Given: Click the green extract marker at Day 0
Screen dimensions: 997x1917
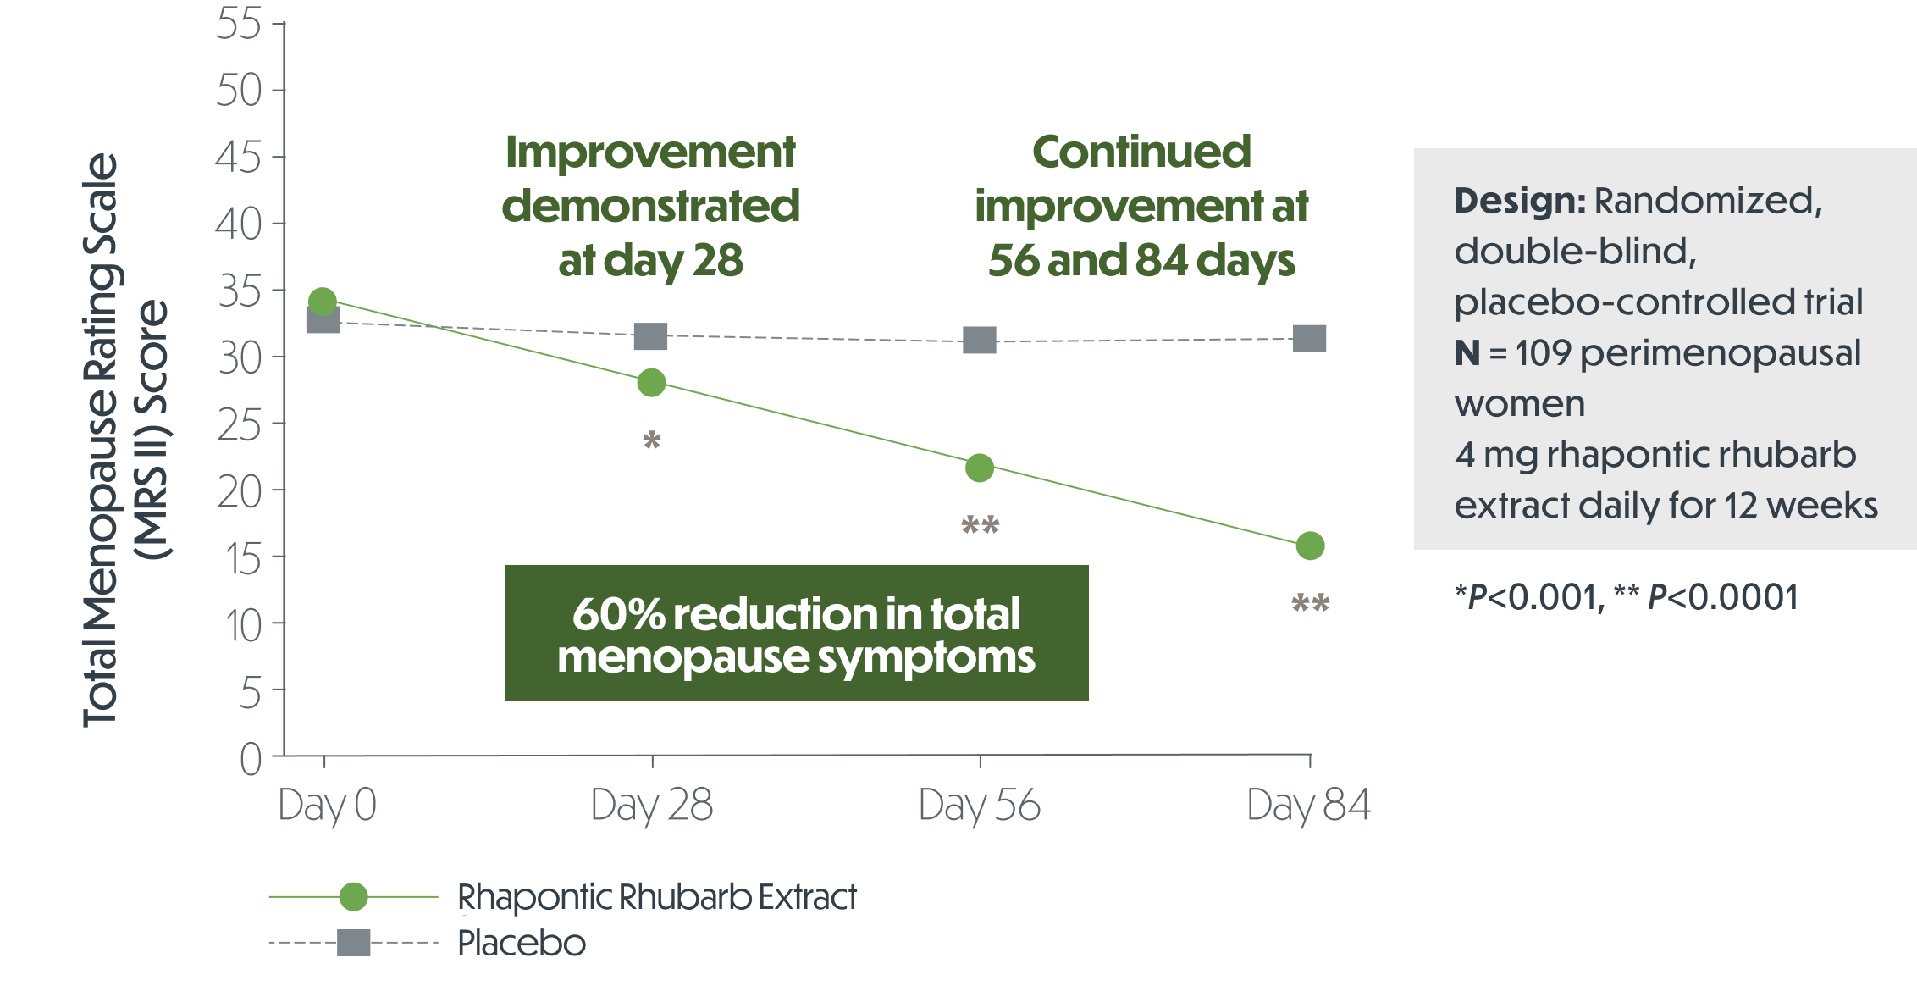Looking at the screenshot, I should [323, 302].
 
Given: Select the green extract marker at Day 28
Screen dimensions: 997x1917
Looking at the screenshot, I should [651, 383].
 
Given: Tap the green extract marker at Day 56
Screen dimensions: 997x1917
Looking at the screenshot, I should [980, 468].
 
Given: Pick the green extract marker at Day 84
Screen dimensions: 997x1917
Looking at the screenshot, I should [1310, 546].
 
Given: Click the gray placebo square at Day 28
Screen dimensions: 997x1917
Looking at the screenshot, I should [651, 336].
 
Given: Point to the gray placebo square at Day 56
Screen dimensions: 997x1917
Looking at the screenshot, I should [980, 341].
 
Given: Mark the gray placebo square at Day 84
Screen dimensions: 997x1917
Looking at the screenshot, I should [1310, 339].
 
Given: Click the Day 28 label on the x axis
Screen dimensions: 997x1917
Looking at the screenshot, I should [651, 805].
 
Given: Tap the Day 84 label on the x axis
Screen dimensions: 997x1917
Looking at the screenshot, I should [1308, 805].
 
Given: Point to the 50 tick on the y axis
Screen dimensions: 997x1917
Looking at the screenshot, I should [240, 90].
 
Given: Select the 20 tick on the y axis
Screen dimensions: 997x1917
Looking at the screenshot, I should [240, 491].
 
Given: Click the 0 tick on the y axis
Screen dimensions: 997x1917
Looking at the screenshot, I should [251, 758].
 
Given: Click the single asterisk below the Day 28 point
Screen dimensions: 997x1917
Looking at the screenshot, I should [651, 440].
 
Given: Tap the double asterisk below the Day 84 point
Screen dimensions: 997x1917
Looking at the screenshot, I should [1310, 603].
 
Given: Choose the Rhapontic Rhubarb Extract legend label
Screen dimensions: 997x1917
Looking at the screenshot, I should [657, 897].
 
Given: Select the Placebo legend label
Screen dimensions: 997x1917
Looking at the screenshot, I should [522, 943].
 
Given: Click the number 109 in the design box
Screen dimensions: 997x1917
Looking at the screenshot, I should [1544, 353].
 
